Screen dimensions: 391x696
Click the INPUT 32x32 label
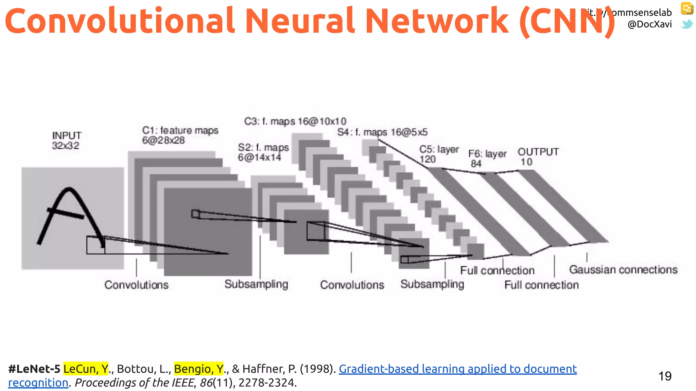pos(66,141)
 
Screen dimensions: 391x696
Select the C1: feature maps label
pos(180,135)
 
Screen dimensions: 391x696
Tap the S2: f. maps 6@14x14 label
pos(263,152)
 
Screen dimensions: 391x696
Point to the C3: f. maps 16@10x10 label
pos(295,121)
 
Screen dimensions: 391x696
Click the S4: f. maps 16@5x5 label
pos(382,132)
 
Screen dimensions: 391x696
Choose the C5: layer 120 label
pos(438,154)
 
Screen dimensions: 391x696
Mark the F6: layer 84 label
pos(487,159)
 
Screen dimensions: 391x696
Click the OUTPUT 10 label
pos(538,156)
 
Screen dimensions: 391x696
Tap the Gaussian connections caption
pos(623,269)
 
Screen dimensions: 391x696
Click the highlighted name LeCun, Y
pos(86,369)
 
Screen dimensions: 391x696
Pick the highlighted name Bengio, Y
pos(199,369)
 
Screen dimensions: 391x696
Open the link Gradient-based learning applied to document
pos(457,369)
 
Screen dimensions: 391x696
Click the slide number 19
pos(665,376)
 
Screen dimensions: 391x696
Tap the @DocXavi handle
pos(649,24)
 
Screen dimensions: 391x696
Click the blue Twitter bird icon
pos(687,24)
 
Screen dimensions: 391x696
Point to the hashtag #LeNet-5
pos(34,369)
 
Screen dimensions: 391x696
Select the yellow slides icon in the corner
pos(687,8)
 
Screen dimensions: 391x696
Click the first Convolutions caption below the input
pos(136,285)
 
